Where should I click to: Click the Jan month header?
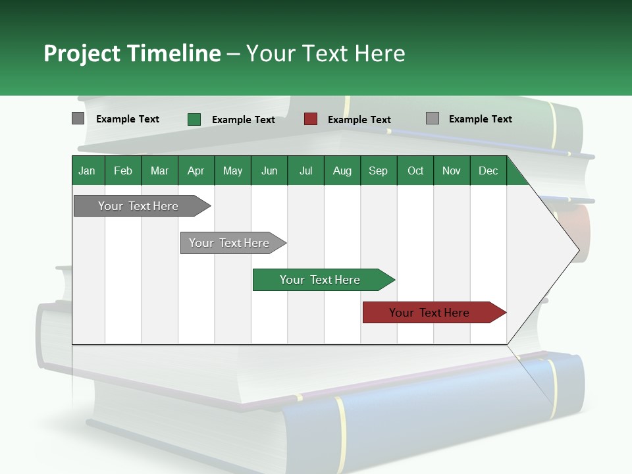tap(88, 171)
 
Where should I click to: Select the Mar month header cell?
tap(159, 171)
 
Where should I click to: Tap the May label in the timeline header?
tap(232, 171)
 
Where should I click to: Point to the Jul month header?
tap(305, 171)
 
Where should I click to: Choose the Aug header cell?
tap(342, 171)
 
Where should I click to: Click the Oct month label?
tap(415, 171)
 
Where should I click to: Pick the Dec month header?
tap(488, 171)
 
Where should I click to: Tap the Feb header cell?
tap(123, 171)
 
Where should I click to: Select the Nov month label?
tap(451, 171)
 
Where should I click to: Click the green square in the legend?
tap(194, 119)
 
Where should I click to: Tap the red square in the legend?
tap(311, 119)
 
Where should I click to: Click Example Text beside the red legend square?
tap(359, 120)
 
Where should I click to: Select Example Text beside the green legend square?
tap(243, 120)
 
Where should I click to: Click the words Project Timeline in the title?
tap(132, 53)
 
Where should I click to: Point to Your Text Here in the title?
tap(325, 53)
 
